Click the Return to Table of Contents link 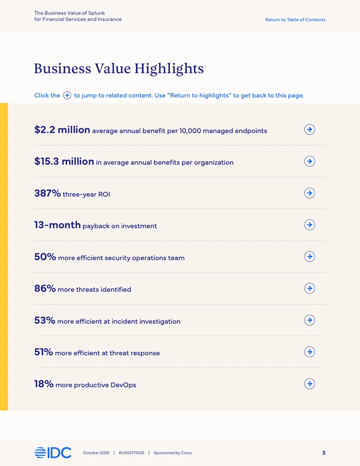[295, 20]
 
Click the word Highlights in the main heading [169, 69]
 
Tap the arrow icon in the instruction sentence [67, 95]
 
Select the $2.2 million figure [62, 130]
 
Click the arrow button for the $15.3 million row [310, 161]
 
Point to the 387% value [48, 193]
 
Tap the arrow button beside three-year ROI [310, 193]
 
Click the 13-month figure [57, 225]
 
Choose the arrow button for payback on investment [310, 225]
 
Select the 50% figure [45, 257]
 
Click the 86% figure [45, 288]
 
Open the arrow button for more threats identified [310, 288]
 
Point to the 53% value [45, 320]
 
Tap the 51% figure [44, 352]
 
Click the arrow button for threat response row [310, 352]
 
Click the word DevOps [123, 385]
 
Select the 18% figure [44, 384]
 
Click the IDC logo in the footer [53, 452]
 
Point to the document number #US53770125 [131, 453]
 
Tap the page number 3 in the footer [324, 453]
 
